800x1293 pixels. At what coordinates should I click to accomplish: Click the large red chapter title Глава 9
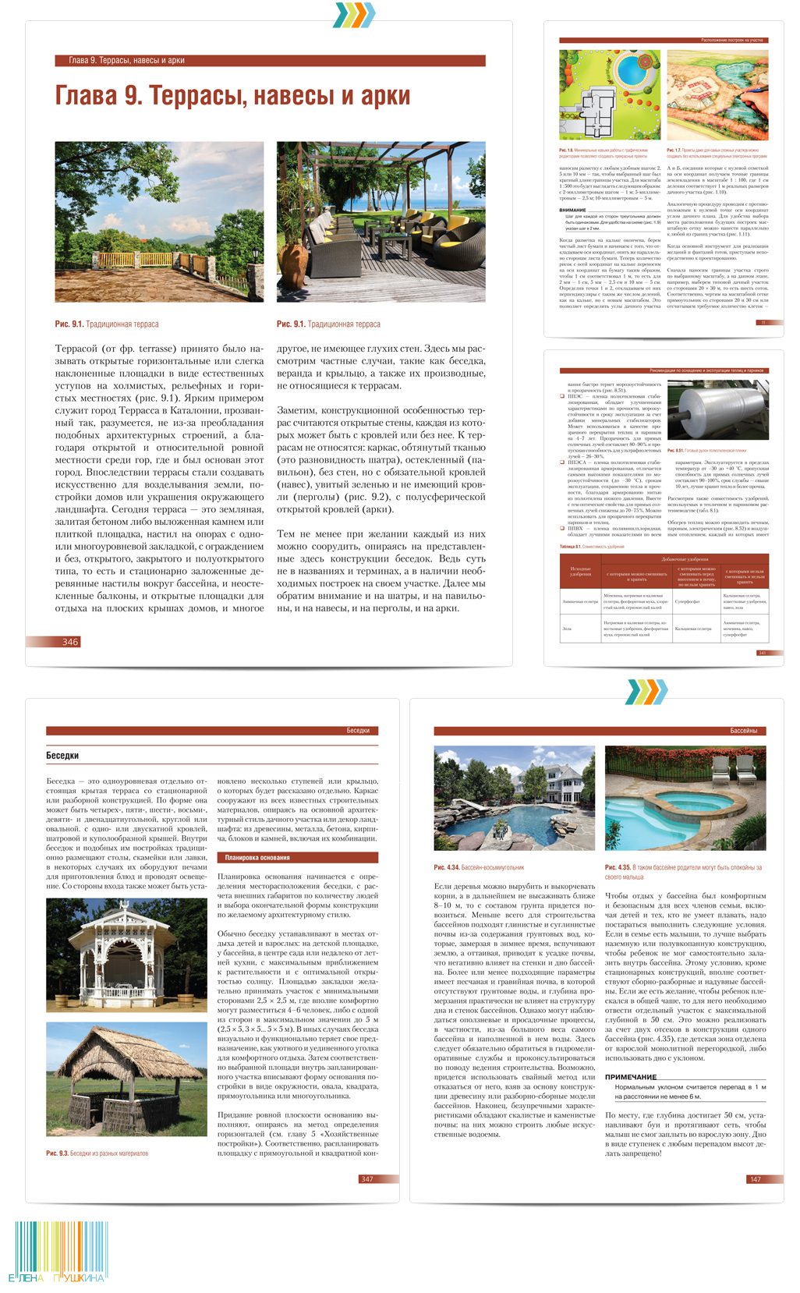[232, 96]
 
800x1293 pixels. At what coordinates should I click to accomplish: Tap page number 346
[70, 642]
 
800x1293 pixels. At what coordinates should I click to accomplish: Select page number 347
[366, 1178]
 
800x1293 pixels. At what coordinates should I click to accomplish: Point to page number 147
[755, 1178]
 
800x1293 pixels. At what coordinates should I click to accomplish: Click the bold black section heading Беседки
[62, 755]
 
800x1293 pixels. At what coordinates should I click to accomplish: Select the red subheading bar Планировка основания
[296, 857]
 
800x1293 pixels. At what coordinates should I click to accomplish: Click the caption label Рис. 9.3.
[56, 1153]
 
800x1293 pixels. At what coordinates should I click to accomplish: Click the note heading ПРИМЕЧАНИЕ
[631, 1076]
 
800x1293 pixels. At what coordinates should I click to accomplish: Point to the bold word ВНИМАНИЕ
[572, 210]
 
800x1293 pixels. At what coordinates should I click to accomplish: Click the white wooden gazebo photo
[126, 955]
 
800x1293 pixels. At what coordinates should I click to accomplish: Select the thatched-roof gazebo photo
[126, 1080]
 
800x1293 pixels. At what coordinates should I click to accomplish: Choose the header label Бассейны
[743, 731]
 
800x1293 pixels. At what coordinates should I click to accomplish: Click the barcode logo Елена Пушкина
[59, 1252]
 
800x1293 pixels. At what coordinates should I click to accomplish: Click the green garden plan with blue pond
[610, 95]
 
